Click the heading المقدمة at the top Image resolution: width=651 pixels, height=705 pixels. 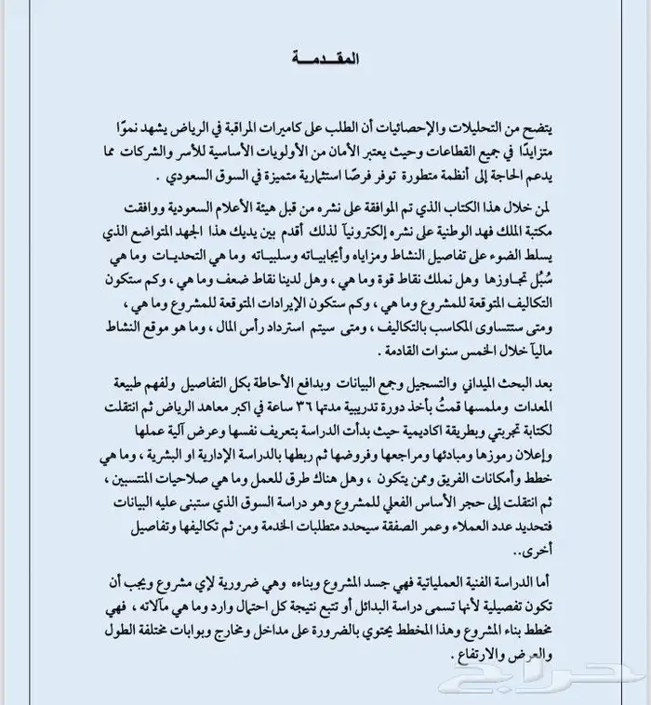point(325,58)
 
